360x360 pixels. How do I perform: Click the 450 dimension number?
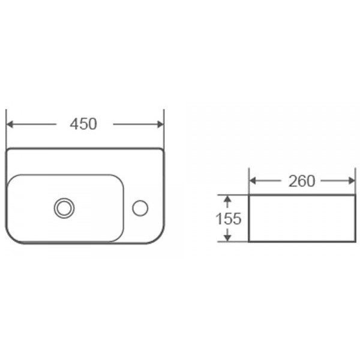[x=83, y=124]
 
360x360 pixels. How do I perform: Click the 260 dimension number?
[x=302, y=181]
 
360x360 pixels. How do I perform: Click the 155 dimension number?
[x=229, y=218]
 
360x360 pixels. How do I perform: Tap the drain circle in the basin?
[x=64, y=208]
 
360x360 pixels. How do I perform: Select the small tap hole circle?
[x=140, y=208]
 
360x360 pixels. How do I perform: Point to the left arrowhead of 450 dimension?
[x=10, y=124]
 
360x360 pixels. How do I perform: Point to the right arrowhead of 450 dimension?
[x=160, y=124]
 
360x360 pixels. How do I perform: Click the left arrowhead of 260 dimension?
[x=253, y=181]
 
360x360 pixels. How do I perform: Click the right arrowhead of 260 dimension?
[x=352, y=181]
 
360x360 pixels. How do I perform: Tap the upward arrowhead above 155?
[x=227, y=199]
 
